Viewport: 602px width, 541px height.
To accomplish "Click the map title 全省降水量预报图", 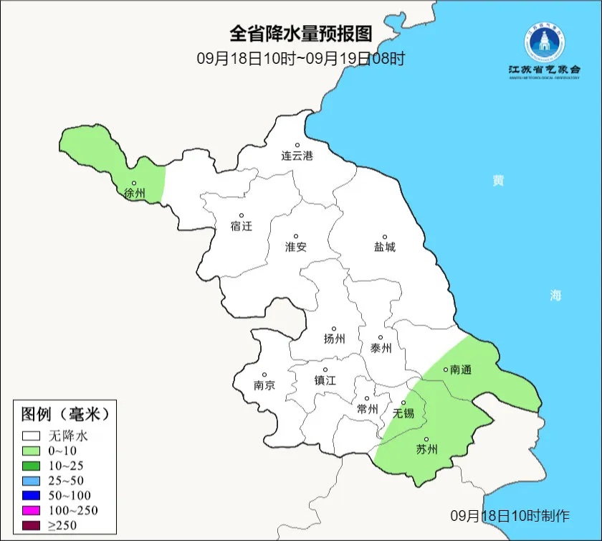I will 301,34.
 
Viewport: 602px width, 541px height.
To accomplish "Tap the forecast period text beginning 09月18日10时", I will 301,58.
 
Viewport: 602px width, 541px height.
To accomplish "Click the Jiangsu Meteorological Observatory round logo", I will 544,43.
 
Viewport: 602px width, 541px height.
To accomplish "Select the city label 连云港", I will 297,156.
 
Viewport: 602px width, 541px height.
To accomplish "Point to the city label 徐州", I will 134,193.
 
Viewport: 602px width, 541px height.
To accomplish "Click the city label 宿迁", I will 242,226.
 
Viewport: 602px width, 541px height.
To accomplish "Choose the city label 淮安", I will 295,247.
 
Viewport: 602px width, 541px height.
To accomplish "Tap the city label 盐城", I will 384,247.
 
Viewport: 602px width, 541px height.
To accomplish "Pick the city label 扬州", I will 334,339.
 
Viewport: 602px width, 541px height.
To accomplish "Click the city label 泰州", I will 381,348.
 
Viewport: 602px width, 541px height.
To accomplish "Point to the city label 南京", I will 264,385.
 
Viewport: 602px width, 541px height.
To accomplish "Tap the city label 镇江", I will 325,381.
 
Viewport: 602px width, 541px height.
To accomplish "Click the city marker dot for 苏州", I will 426,439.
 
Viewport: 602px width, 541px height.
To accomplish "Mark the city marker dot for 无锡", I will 403,403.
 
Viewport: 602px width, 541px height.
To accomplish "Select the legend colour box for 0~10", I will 31,450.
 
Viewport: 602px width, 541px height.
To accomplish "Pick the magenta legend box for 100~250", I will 31,510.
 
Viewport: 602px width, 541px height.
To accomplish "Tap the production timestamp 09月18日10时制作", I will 510,515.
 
